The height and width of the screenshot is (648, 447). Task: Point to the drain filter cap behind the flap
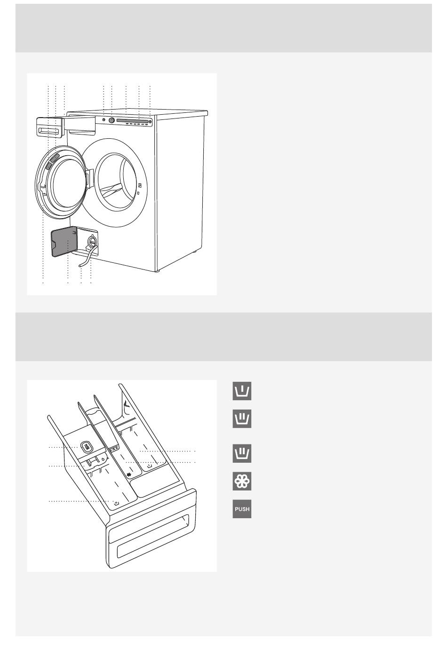pyautogui.click(x=91, y=242)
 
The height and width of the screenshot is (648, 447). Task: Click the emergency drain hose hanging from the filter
pyautogui.click(x=84, y=260)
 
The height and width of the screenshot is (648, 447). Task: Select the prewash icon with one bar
pyautogui.click(x=242, y=391)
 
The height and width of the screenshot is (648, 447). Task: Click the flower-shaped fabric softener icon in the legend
pyautogui.click(x=242, y=481)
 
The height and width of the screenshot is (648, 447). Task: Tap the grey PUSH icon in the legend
pyautogui.click(x=242, y=509)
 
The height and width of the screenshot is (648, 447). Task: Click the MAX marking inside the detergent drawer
pyautogui.click(x=114, y=450)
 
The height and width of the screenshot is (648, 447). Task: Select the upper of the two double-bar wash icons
pyautogui.click(x=242, y=419)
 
